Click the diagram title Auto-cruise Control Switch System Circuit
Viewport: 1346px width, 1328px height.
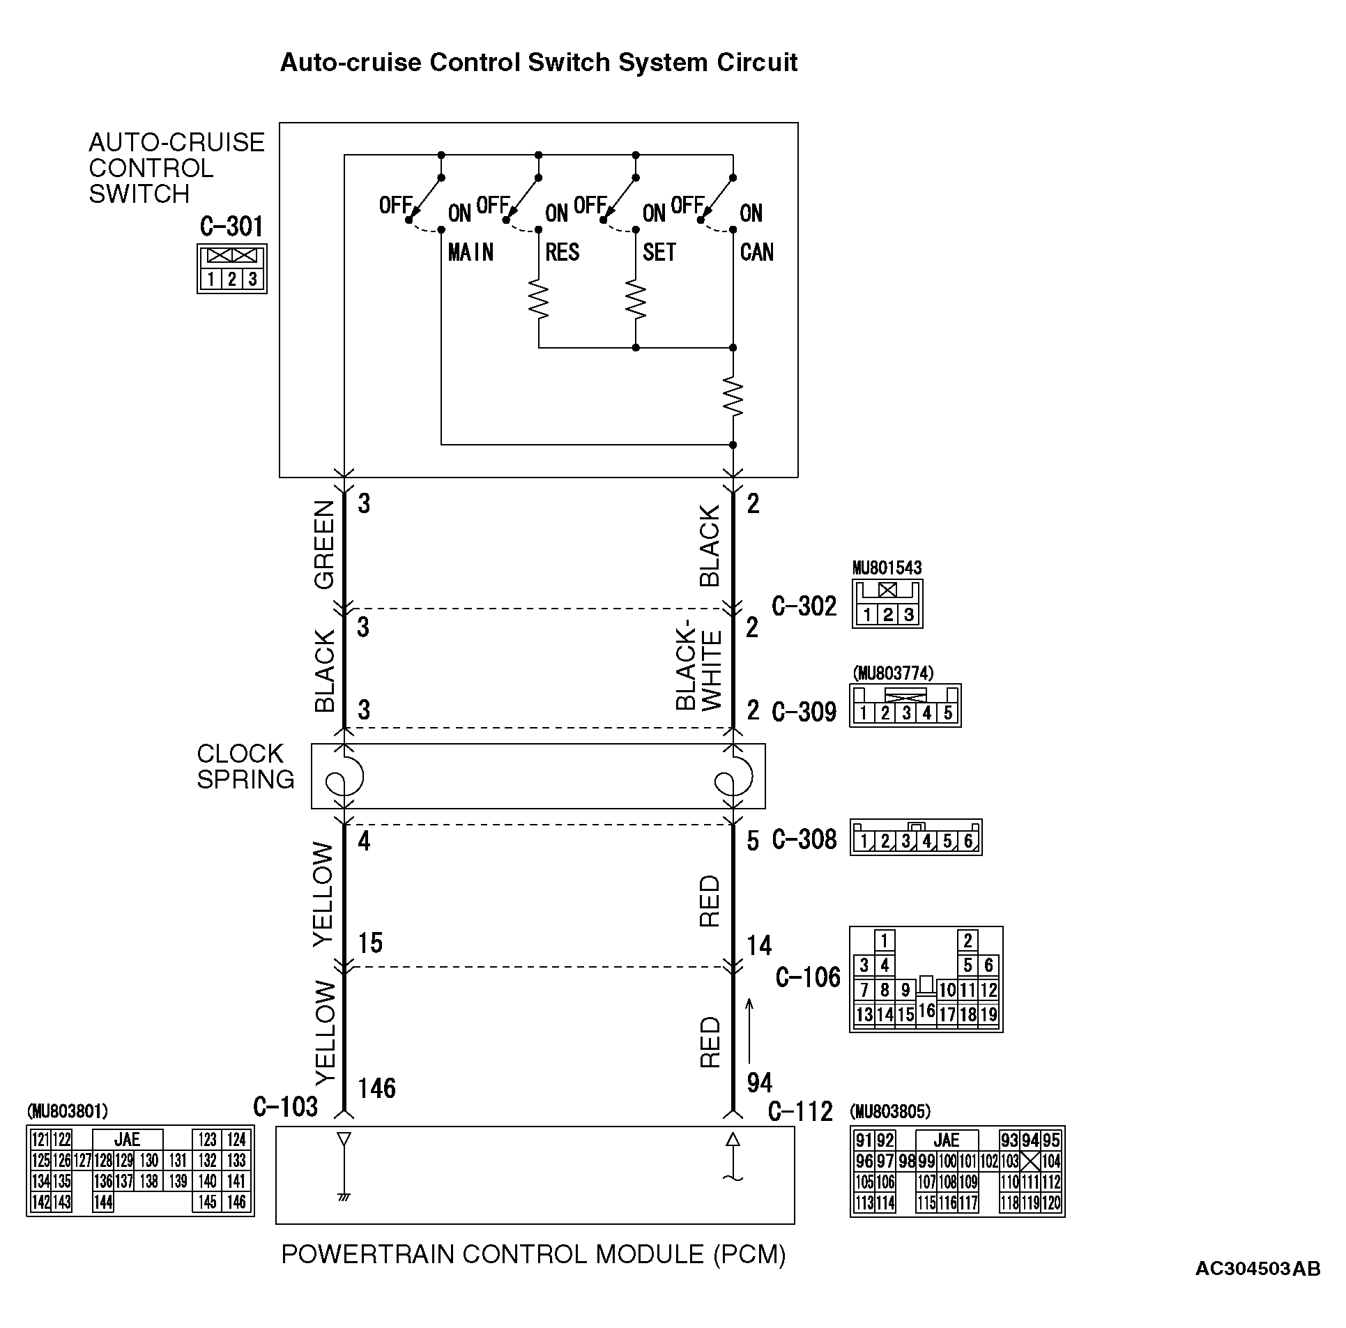point(539,63)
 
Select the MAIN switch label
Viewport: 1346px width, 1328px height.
point(471,252)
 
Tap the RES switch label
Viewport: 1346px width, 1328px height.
point(562,252)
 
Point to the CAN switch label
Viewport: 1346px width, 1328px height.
point(757,252)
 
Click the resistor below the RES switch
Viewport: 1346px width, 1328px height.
point(539,300)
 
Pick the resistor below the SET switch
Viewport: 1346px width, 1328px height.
point(636,300)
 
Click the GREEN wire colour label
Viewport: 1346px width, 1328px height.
point(325,545)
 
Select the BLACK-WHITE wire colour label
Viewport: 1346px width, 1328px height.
point(698,670)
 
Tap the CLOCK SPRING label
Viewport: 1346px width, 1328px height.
point(245,766)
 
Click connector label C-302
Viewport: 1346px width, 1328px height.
point(804,606)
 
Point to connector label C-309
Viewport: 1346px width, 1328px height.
point(804,712)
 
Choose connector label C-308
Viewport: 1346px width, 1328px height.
point(804,839)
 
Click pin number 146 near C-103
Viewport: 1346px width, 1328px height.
point(376,1087)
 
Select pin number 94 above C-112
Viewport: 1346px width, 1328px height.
point(759,1083)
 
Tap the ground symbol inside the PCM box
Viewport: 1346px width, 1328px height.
point(344,1197)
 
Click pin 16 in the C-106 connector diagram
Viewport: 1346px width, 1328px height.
point(926,1009)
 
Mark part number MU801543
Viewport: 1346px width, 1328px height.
point(887,568)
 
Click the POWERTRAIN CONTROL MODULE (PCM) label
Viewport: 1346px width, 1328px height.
point(533,1254)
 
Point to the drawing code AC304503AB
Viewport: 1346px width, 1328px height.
point(1257,1269)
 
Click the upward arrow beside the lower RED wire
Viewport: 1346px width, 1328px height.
point(750,1030)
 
